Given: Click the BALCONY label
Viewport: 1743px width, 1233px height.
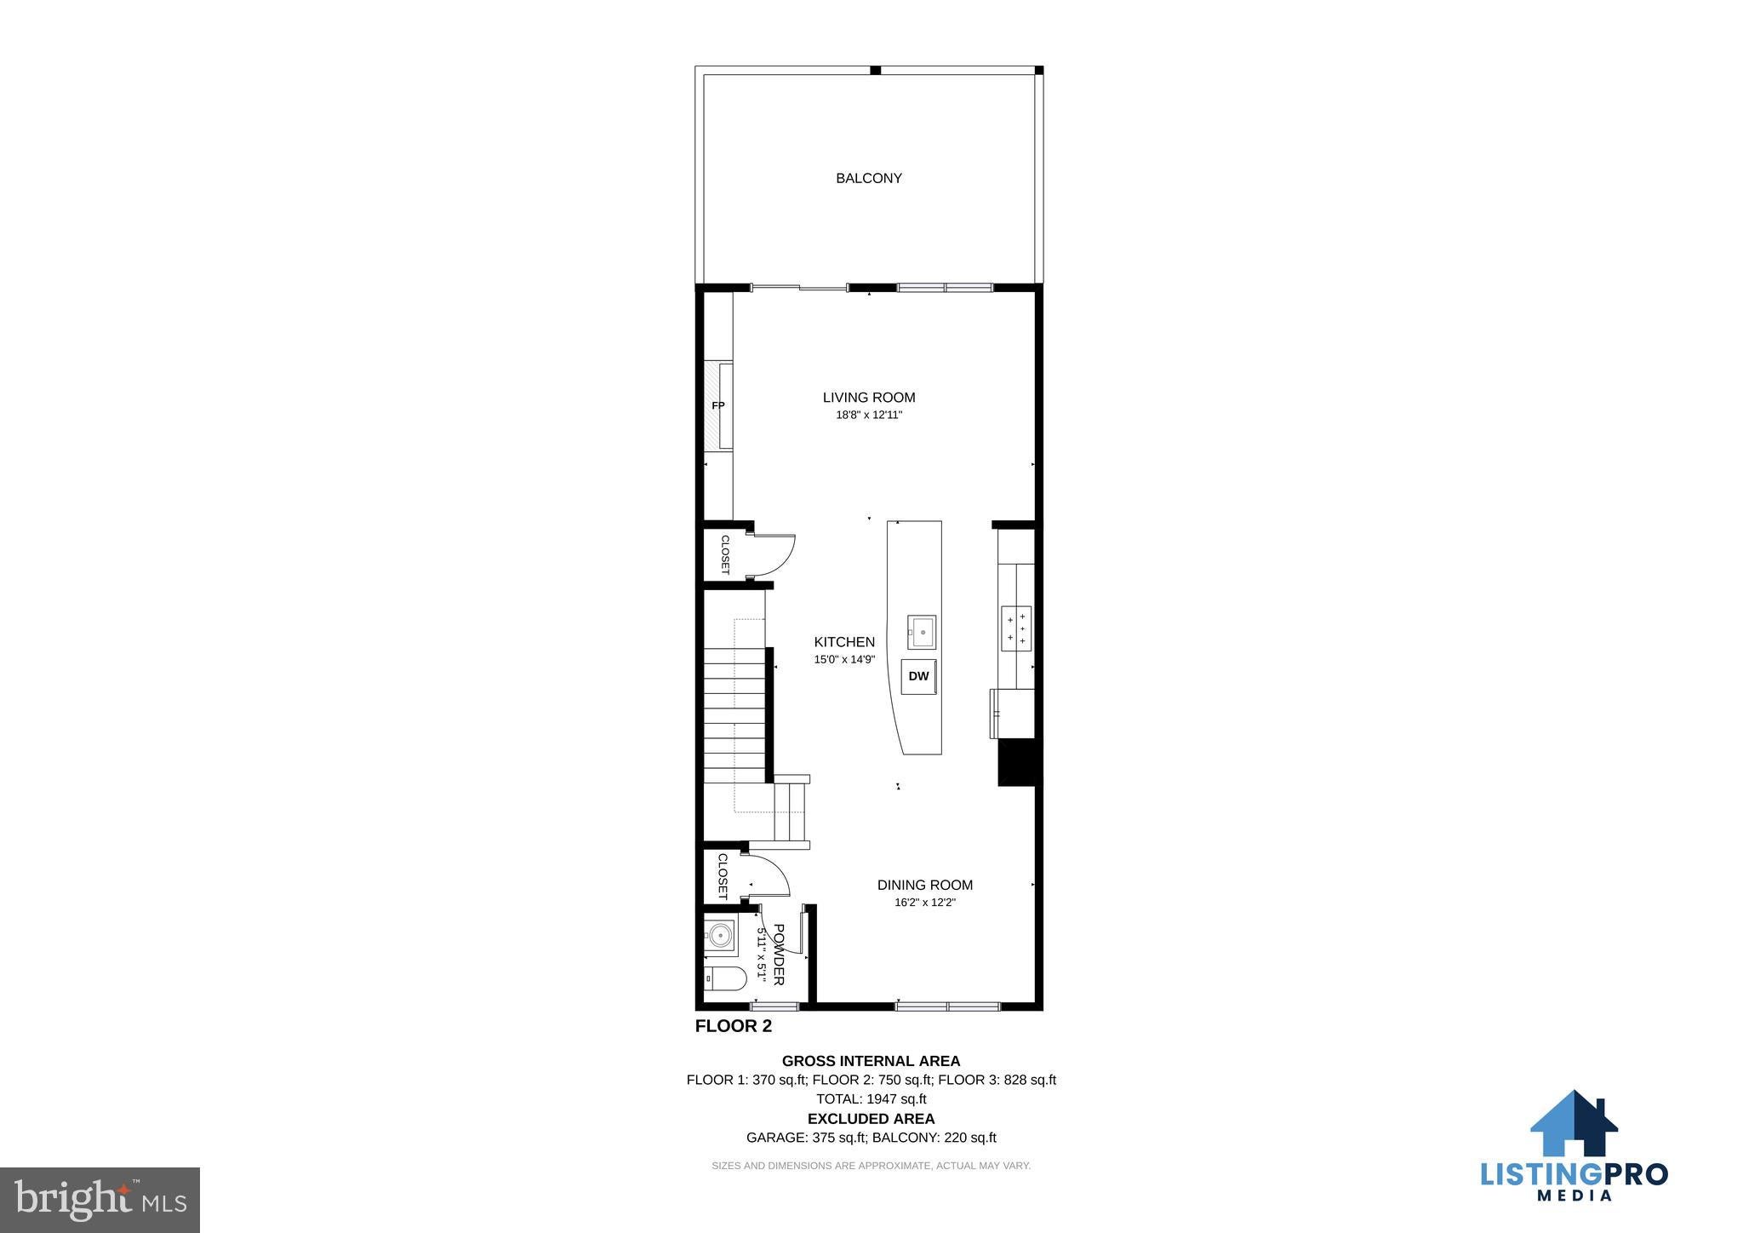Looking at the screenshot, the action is click(x=868, y=178).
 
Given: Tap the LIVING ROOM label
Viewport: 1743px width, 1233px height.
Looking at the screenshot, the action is click(x=869, y=397).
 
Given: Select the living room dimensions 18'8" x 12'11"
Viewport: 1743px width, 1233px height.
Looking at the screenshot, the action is click(x=869, y=416).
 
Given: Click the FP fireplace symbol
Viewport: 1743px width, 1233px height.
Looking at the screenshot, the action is click(x=719, y=405).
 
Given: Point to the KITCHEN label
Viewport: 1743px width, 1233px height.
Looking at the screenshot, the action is click(x=844, y=642).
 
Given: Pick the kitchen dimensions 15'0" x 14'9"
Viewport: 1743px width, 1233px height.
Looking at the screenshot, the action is click(x=844, y=659).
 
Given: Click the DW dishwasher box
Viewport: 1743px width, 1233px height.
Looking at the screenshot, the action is click(x=918, y=676).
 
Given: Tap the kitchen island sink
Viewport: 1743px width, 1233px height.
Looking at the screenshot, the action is click(x=921, y=632).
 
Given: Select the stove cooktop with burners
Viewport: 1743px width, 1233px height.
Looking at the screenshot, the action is click(x=1016, y=628).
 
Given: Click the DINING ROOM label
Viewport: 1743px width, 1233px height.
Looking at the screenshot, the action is click(x=925, y=885).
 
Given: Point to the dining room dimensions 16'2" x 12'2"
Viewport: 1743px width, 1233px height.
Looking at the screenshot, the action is click(x=925, y=903).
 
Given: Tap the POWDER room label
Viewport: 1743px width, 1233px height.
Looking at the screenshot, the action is click(x=778, y=955).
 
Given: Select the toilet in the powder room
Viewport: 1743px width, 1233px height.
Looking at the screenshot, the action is click(x=725, y=979).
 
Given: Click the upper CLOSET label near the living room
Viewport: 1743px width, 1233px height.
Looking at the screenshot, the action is click(x=725, y=554).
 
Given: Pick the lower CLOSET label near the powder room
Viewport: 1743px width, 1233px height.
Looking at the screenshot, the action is click(x=723, y=876).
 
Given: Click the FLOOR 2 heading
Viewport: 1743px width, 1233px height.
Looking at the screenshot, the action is click(x=734, y=1026).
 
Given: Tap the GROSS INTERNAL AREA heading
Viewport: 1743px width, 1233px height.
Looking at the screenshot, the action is click(x=871, y=1061).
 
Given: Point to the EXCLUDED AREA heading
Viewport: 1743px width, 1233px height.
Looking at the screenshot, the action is click(x=871, y=1119).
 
